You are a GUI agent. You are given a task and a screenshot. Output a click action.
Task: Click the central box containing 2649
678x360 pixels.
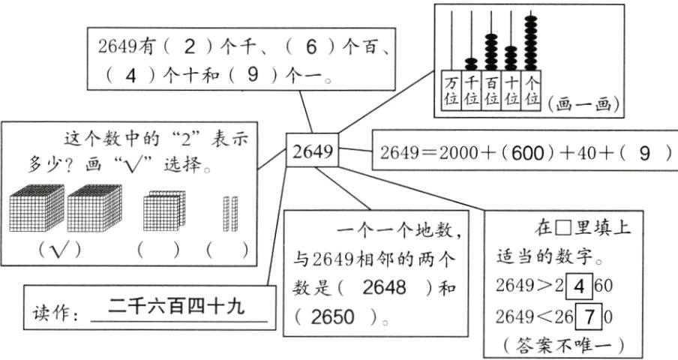312,152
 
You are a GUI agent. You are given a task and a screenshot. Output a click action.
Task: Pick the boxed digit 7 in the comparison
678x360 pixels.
589,316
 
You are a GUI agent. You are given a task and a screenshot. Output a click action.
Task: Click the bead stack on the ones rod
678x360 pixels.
532,41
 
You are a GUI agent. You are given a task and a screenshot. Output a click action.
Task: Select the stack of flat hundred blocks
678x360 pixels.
163,211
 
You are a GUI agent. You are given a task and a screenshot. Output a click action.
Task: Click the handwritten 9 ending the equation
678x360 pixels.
643,154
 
